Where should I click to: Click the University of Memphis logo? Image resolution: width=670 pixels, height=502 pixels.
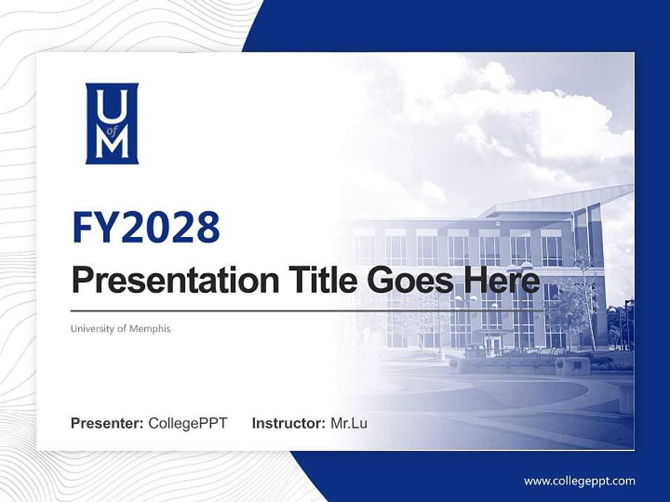112,123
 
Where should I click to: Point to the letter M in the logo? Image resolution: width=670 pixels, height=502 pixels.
112,144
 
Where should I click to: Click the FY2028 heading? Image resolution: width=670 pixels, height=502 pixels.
146,227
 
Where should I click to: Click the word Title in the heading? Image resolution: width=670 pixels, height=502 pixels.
318,280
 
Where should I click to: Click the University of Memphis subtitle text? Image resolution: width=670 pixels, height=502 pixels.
120,328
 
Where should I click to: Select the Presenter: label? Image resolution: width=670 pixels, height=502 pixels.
107,423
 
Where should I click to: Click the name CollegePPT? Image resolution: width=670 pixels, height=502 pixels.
188,423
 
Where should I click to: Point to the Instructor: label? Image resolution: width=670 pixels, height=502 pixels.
288,423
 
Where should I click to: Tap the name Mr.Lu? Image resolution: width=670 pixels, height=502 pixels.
349,423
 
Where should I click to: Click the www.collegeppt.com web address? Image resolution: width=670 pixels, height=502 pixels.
579,480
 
